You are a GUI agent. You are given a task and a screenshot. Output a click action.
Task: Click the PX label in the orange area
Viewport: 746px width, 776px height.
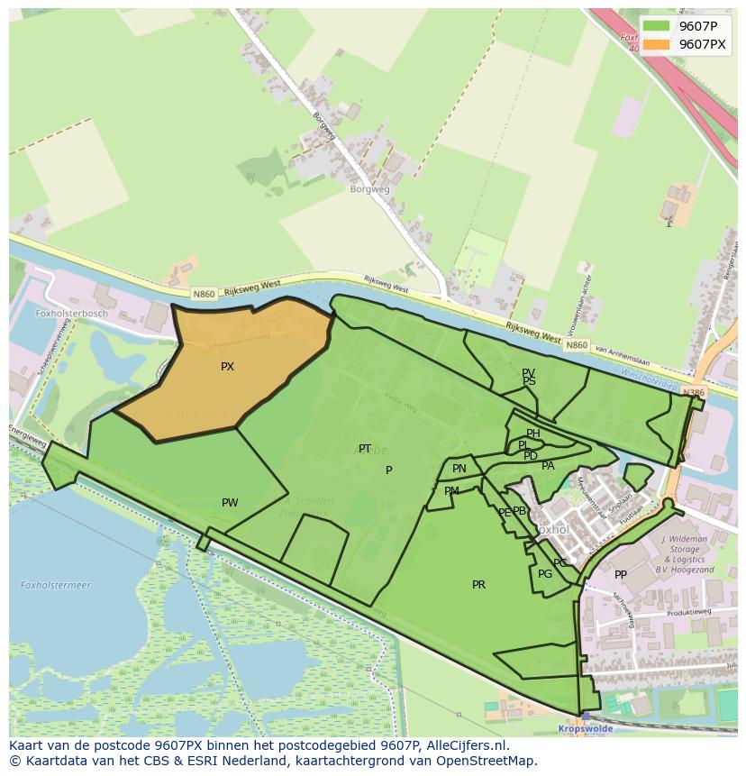pos(227,367)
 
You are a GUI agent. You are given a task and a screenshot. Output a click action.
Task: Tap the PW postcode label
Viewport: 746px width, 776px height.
pos(230,503)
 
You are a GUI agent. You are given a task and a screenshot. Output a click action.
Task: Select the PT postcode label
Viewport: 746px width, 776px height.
pos(365,449)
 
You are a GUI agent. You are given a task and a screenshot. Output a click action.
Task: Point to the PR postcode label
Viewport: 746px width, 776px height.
pos(478,585)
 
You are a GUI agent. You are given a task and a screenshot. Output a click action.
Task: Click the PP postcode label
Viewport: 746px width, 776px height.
pos(621,575)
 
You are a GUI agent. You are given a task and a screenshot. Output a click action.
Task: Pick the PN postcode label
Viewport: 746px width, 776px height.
pos(459,469)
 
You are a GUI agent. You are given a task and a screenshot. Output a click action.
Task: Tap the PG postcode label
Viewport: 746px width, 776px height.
pos(545,574)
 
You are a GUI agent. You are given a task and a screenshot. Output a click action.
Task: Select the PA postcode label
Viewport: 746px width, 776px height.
pos(548,466)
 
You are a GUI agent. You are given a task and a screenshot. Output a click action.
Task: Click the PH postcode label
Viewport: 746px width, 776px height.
pos(533,434)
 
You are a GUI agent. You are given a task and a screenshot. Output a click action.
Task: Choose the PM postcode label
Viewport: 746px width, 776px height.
pos(451,491)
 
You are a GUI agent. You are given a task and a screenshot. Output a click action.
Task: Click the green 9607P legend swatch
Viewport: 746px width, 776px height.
pos(656,26)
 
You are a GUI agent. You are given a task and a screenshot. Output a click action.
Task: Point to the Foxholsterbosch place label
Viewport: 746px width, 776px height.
pos(71,314)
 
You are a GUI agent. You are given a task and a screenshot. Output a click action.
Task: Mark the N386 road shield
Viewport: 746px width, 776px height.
pos(693,393)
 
